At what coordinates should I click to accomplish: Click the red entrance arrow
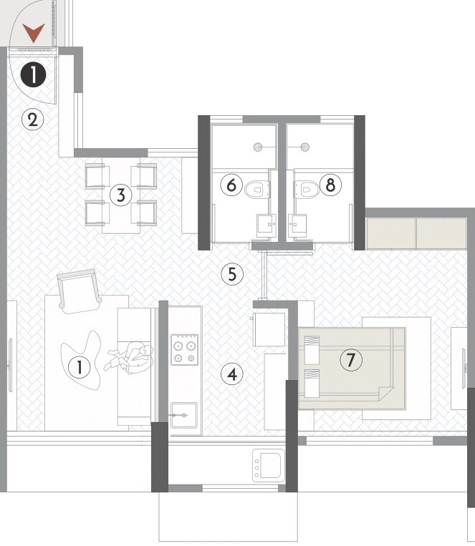(x=34, y=32)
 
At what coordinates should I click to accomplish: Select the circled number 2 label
(x=32, y=119)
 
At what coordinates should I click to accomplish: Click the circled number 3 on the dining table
(x=121, y=195)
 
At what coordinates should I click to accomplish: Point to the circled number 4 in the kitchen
(x=231, y=373)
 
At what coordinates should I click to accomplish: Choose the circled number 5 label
(x=231, y=273)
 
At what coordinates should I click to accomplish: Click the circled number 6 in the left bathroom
(x=231, y=185)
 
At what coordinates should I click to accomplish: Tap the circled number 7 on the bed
(x=350, y=361)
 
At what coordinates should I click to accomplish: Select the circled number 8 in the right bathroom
(x=330, y=185)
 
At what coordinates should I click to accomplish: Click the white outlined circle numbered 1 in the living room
(x=79, y=368)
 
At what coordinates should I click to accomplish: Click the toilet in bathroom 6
(x=257, y=190)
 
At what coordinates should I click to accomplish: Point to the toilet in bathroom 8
(x=307, y=190)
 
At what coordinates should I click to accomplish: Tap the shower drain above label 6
(x=258, y=147)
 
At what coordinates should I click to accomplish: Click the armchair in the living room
(x=78, y=290)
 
